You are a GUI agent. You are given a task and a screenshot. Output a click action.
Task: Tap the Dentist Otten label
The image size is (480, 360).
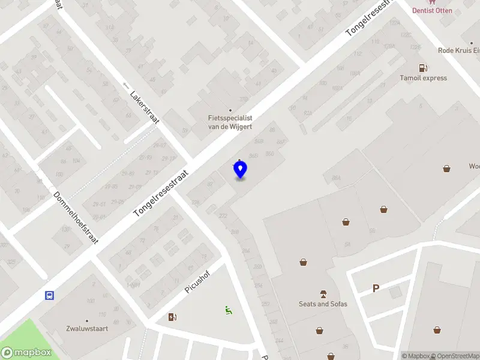432,10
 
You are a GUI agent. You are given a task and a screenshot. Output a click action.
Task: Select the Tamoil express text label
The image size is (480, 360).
424,78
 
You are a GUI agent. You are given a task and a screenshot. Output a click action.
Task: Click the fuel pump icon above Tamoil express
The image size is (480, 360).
423,68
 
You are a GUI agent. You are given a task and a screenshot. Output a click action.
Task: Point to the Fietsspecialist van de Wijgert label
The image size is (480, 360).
226,122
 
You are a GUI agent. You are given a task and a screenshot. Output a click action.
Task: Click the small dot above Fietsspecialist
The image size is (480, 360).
213,109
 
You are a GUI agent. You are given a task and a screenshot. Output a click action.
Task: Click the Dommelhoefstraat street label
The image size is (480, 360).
76,217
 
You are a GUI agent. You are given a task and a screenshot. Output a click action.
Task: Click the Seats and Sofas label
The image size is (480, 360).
323,304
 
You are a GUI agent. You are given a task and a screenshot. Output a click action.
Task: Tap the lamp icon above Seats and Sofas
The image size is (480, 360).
323,293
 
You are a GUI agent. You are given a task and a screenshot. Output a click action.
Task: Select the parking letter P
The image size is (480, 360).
376,289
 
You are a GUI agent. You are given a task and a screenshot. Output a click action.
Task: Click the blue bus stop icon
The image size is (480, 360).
49,295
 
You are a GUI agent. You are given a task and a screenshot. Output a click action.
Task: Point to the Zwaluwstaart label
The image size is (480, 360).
86,328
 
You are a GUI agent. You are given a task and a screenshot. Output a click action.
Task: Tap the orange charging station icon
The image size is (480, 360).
173,317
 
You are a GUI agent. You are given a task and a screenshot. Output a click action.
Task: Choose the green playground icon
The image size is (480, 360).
227,310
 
